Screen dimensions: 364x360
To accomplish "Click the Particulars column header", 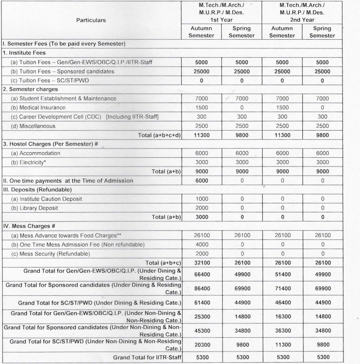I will click(91, 20).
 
